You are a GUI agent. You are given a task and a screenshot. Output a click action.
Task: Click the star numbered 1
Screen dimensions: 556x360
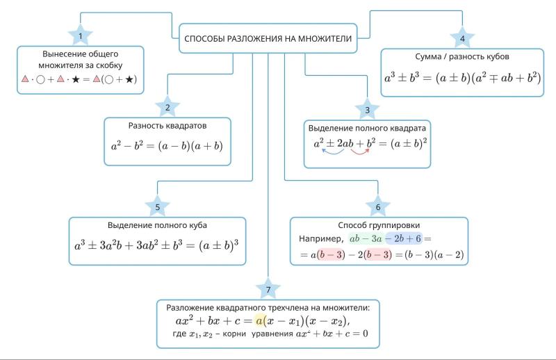pyautogui.click(x=81, y=35)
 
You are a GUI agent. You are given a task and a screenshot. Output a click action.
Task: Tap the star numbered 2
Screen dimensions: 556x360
pyautogui.click(x=167, y=107)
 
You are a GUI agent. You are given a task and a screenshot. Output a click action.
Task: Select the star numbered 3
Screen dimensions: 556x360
pyautogui.click(x=368, y=110)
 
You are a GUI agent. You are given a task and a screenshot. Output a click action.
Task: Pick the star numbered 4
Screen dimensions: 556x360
pyautogui.click(x=462, y=38)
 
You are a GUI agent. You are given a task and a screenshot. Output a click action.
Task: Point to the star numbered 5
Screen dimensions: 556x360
pyautogui.click(x=158, y=206)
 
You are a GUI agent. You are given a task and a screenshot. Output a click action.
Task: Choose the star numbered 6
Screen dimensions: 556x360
pyautogui.click(x=378, y=206)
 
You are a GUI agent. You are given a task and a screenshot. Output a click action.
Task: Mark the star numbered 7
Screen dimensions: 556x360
pyautogui.click(x=268, y=289)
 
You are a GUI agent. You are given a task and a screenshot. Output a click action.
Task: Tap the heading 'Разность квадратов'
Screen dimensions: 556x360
pyautogui.click(x=167, y=126)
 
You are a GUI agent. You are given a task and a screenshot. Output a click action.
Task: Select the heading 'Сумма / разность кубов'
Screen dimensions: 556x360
pyautogui.click(x=462, y=56)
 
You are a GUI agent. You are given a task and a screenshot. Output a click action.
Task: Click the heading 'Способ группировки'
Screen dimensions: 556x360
pyautogui.click(x=379, y=225)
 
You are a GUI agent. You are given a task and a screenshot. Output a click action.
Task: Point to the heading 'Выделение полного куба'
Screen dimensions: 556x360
pyautogui.click(x=157, y=225)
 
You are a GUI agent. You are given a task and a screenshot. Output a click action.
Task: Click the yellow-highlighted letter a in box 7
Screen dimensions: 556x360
pyautogui.click(x=259, y=321)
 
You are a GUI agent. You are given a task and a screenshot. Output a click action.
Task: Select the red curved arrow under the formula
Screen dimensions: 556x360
pyautogui.click(x=360, y=153)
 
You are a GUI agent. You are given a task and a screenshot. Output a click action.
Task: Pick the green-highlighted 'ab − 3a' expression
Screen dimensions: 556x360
pyautogui.click(x=366, y=238)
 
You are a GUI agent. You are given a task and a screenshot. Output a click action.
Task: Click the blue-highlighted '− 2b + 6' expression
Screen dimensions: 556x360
pyautogui.click(x=403, y=238)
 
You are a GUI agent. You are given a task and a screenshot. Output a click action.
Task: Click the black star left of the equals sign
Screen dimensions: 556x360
pyautogui.click(x=76, y=79)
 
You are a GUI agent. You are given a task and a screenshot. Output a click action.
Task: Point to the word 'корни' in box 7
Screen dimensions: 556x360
pyautogui.click(x=234, y=334)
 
